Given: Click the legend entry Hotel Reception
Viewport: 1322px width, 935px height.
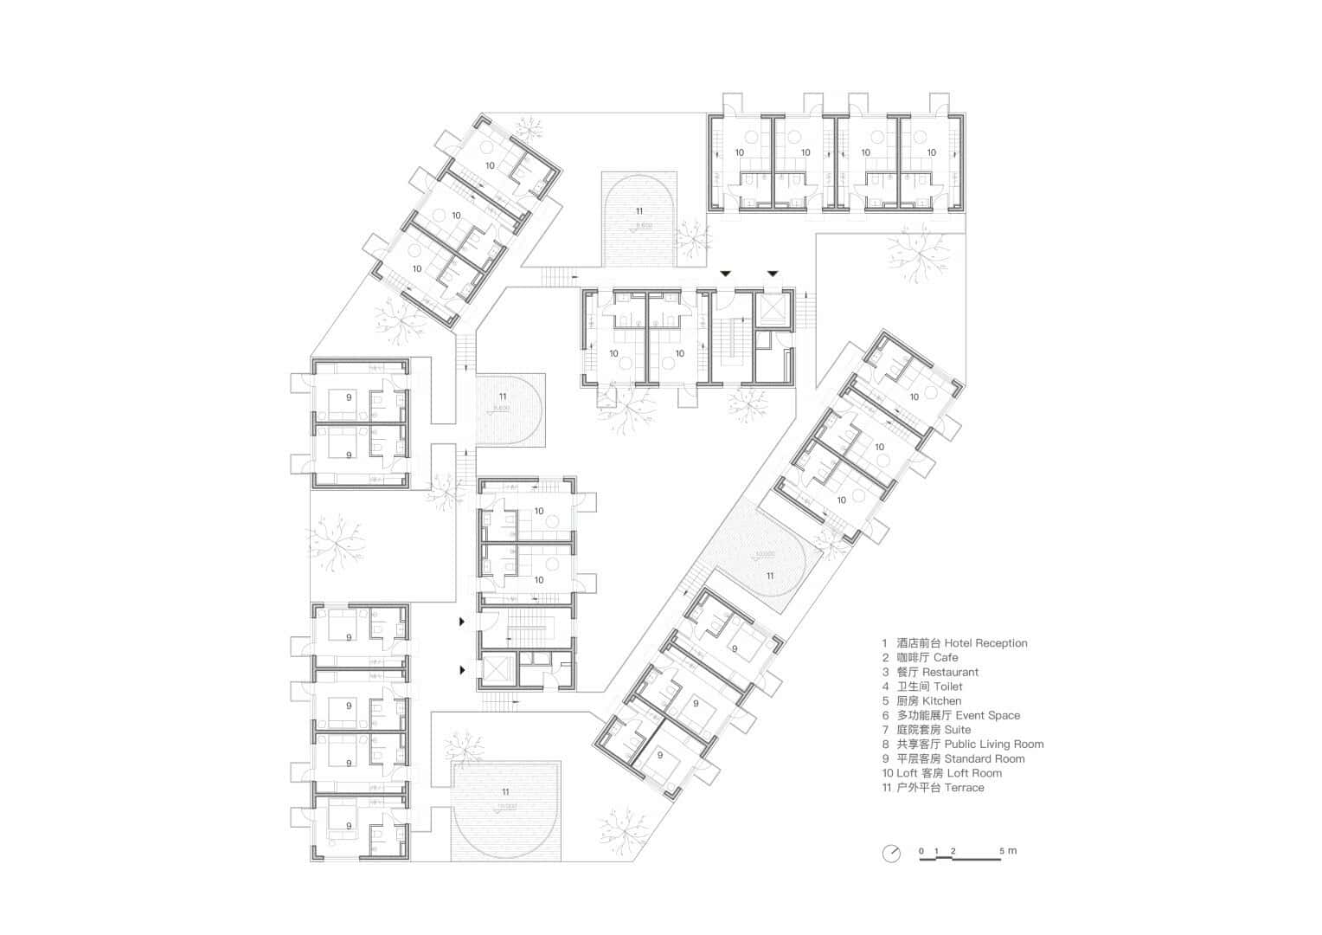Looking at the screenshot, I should (x=985, y=643).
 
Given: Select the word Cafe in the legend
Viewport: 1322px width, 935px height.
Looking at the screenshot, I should (x=946, y=658).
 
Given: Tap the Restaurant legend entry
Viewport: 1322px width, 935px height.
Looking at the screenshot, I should (x=950, y=672).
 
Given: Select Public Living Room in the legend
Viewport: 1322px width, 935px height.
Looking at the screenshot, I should (x=993, y=745).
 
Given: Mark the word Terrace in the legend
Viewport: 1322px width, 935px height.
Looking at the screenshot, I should (x=965, y=788).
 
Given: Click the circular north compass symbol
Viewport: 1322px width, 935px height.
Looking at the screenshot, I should (x=891, y=854).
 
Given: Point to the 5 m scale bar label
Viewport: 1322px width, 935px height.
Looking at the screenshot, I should (x=1008, y=851).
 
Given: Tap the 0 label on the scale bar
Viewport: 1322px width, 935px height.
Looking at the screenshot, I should (x=922, y=851).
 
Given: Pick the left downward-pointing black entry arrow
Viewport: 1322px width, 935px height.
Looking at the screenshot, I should (x=726, y=274).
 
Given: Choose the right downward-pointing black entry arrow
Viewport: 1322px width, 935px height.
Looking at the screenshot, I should (x=772, y=274).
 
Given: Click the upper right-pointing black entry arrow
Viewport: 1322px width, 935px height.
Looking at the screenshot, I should (x=463, y=622).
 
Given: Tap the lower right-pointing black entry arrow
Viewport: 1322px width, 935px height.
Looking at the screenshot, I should (x=463, y=669).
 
